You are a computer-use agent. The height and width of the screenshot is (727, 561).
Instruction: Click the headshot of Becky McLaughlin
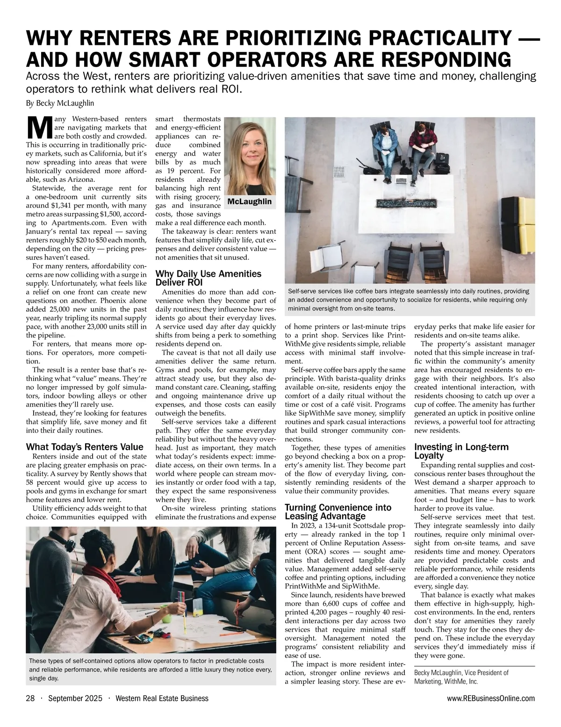250,157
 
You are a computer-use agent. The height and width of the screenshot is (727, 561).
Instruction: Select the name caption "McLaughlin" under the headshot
249,202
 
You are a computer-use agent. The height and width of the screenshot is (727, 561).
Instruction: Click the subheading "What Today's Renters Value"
85,446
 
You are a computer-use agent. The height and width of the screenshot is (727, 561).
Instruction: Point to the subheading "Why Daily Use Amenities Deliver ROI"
208,278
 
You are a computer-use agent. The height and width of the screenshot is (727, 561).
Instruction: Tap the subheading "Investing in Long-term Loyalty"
461,451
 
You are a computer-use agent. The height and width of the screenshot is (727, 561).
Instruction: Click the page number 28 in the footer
30,698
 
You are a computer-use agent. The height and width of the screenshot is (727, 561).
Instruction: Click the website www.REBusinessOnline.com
490,698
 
